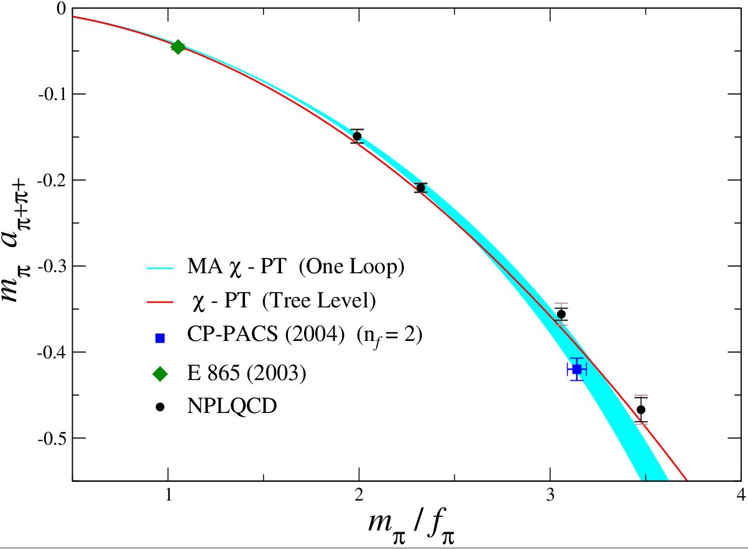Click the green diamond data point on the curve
(178, 47)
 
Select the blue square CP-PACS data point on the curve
(576, 370)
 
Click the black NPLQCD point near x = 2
(357, 137)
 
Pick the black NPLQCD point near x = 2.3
(421, 188)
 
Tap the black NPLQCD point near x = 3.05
(561, 314)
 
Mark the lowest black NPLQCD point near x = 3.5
(641, 410)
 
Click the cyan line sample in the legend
(160, 268)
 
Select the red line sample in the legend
(160, 303)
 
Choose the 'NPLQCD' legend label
(231, 407)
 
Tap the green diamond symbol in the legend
(160, 373)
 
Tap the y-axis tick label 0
(60, 9)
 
